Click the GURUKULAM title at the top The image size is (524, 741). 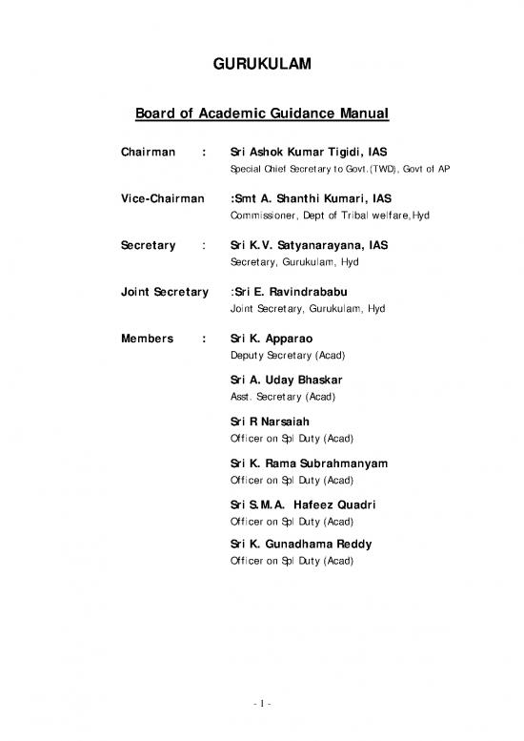(261, 66)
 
